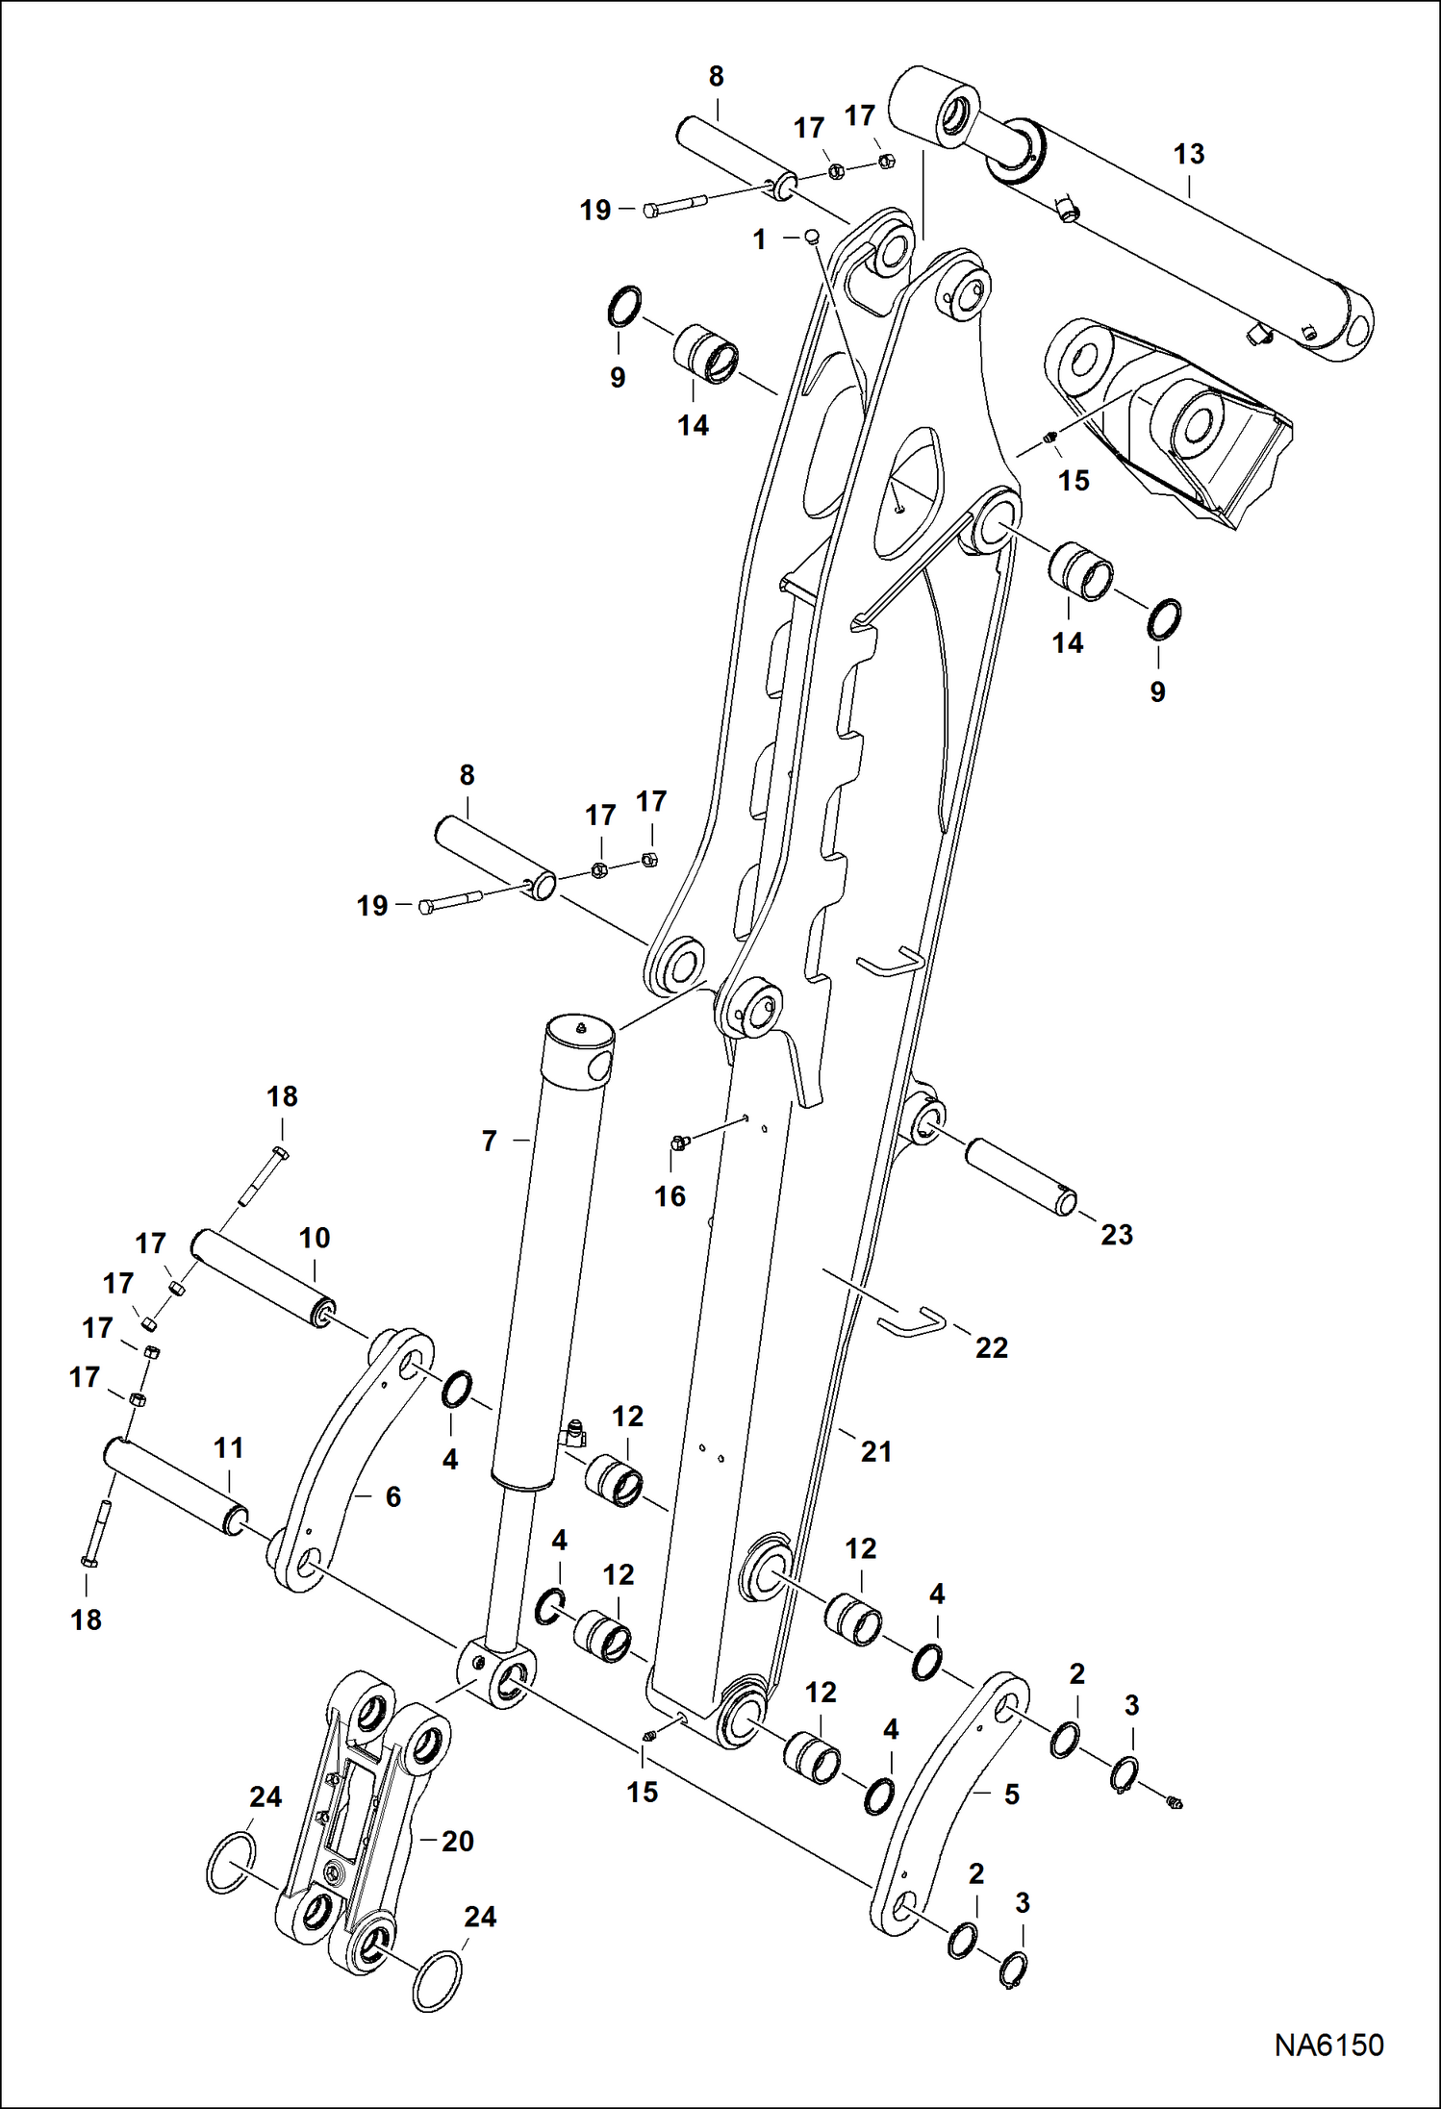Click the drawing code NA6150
point(1328,2045)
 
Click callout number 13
point(1188,154)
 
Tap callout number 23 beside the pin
point(1116,1234)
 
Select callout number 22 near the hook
point(991,1347)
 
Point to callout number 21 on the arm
point(875,1451)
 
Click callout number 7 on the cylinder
point(489,1141)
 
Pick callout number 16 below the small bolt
point(670,1196)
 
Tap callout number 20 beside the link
point(458,1841)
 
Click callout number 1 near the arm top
point(759,239)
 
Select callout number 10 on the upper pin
point(315,1238)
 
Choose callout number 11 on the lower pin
point(228,1447)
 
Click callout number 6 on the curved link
point(392,1496)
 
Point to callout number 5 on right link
point(1011,1794)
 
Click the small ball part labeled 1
point(812,235)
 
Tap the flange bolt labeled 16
point(679,1142)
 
